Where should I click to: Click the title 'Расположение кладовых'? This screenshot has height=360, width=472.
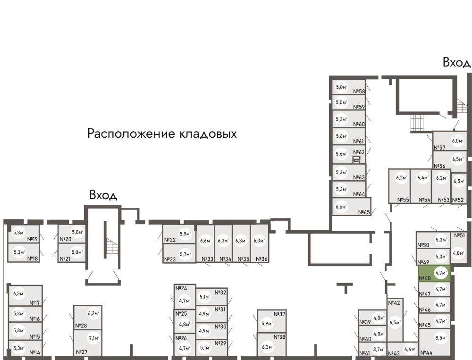162,134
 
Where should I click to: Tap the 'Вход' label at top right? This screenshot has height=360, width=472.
456,62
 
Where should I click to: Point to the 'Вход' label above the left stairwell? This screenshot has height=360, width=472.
103,195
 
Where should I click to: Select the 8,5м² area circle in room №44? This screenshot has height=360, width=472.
441,338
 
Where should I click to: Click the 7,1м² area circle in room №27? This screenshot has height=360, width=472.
93,338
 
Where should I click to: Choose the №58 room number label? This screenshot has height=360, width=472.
360,92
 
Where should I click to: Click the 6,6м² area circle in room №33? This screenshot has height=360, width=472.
205,241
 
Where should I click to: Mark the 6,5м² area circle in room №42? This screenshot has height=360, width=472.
395,323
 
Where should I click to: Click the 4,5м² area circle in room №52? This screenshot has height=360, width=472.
458,181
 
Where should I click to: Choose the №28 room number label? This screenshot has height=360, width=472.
81,326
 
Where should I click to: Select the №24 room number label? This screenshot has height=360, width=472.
181,288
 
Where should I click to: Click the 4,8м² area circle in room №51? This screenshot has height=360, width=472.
457,251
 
